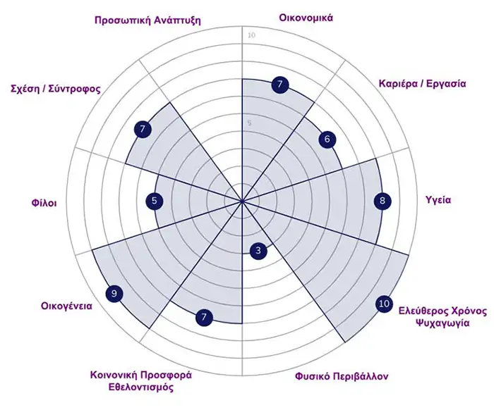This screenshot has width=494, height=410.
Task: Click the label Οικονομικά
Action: (306, 18)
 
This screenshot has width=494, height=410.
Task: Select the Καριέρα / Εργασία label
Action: (422, 84)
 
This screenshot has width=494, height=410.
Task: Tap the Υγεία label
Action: (438, 200)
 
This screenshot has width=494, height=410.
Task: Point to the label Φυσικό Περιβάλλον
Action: (342, 376)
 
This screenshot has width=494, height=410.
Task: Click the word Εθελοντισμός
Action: (141, 387)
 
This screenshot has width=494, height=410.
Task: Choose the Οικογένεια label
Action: (66, 306)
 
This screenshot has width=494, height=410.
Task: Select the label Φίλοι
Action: (44, 203)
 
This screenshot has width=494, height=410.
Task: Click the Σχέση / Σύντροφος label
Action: (56, 89)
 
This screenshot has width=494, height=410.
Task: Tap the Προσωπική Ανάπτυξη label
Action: (147, 20)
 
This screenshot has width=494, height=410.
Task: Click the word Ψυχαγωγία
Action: (442, 323)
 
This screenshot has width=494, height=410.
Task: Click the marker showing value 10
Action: (384, 304)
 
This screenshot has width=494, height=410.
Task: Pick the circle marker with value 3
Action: (258, 251)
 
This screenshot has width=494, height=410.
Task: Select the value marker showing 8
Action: (382, 201)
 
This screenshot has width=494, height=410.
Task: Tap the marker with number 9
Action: (114, 294)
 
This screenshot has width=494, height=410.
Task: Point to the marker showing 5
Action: (155, 201)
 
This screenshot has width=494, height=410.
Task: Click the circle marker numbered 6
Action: (327, 139)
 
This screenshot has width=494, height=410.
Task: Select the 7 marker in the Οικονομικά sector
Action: (280, 85)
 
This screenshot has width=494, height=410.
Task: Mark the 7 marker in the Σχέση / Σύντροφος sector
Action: (143, 129)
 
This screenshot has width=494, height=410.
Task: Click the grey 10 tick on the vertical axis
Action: (251, 35)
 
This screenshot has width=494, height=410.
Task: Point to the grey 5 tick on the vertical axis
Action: (250, 123)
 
